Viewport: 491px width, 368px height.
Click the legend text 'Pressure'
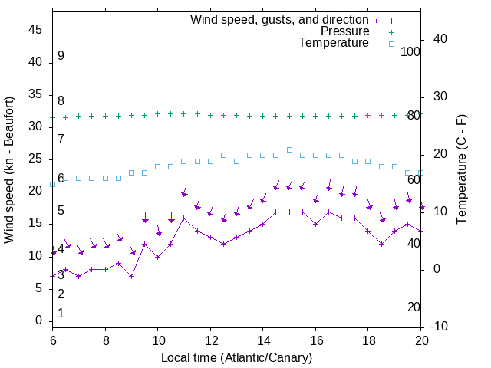coord(344,31)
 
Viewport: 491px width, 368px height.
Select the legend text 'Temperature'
coord(334,43)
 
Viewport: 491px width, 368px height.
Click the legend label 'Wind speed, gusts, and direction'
coord(280,19)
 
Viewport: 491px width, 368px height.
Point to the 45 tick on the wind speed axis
coord(35,31)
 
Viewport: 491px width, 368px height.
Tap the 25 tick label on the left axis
coord(35,159)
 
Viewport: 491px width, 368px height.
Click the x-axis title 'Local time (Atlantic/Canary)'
coord(236,357)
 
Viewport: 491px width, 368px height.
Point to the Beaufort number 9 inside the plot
coord(61,56)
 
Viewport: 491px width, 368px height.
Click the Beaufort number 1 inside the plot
coord(61,314)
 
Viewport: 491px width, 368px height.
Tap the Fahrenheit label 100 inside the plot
coord(410,51)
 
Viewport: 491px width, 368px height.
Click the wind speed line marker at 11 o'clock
coord(184,219)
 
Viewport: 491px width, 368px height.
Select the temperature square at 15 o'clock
coord(289,150)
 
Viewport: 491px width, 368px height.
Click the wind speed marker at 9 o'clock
coord(131,276)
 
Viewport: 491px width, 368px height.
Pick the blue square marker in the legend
coord(390,44)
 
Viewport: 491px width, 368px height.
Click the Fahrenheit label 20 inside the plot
coord(414,307)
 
